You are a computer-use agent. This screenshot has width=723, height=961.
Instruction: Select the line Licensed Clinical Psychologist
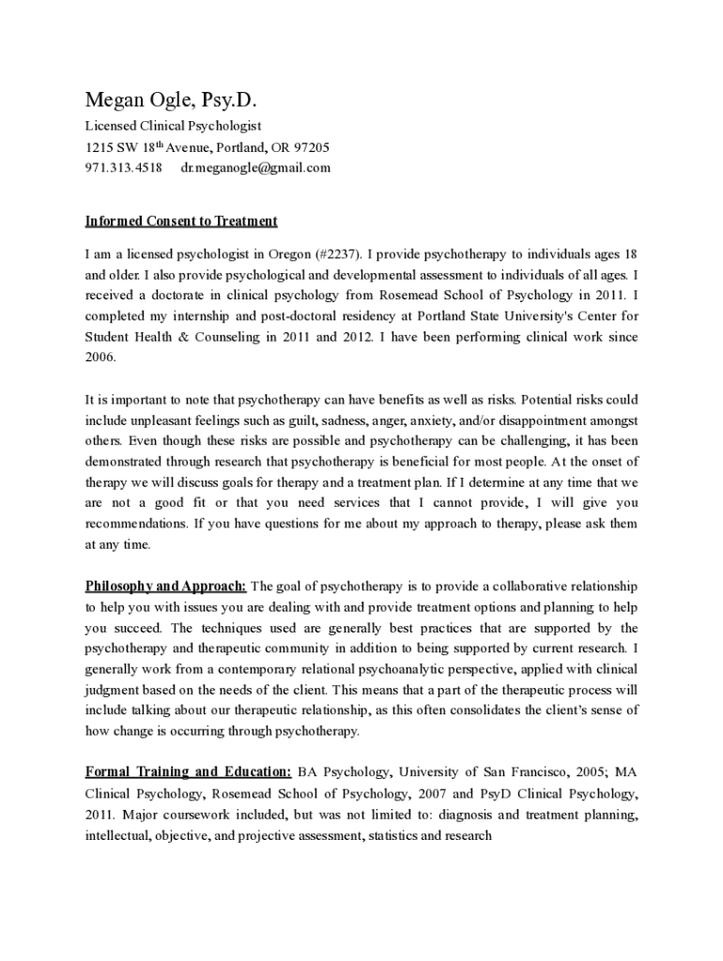(174, 126)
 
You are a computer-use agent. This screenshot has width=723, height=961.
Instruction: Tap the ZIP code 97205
(313, 147)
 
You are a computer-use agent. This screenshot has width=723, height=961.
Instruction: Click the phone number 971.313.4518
(123, 168)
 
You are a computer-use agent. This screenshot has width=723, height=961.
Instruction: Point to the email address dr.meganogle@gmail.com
(255, 168)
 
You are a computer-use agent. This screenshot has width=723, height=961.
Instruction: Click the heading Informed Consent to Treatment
(181, 221)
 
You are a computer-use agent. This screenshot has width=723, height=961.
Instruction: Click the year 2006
(100, 358)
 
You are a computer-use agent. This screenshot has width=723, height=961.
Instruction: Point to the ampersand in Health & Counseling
(178, 337)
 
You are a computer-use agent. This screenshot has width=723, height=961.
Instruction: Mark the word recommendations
(135, 523)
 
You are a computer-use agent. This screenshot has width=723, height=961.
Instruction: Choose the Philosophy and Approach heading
(166, 587)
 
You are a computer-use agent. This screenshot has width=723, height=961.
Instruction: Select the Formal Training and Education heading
(188, 772)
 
